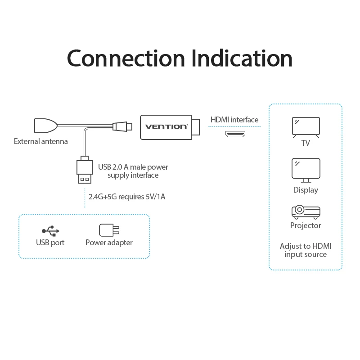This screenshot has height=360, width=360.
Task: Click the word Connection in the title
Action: point(126,58)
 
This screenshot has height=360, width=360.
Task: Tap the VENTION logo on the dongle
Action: point(166,126)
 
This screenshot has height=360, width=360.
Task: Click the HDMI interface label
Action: point(234,120)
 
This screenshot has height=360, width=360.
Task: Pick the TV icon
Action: point(306,127)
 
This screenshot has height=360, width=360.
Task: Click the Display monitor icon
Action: point(306,170)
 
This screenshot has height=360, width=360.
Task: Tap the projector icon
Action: point(306,211)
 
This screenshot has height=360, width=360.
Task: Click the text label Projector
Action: point(306,225)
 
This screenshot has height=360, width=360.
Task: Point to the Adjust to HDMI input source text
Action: point(306,250)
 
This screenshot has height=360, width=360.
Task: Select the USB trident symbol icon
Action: point(50,230)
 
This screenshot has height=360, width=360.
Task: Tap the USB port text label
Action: point(50,243)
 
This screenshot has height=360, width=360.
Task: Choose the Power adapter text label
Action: point(109,243)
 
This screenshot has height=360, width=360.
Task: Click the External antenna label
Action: point(41,141)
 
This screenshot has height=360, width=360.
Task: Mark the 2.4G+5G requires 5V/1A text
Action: point(127,197)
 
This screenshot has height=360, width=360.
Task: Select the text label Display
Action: point(306,190)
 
